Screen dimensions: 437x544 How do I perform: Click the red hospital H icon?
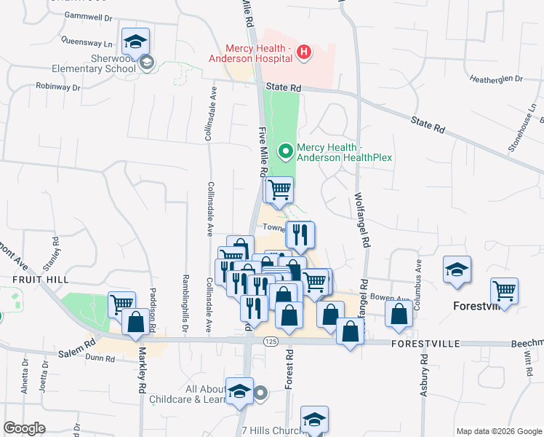(305, 52)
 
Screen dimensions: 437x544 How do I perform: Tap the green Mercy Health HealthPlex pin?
(287, 151)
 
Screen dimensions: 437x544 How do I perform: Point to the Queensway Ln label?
(87, 43)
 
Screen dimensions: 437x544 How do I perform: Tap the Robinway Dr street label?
(58, 87)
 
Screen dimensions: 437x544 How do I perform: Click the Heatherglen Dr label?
(496, 79)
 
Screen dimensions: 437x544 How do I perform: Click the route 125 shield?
(271, 342)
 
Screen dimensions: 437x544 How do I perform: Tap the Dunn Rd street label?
(100, 358)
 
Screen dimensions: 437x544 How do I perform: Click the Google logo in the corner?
(24, 428)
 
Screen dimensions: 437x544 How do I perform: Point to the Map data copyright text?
(498, 431)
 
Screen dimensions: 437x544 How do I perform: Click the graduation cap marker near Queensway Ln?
(135, 42)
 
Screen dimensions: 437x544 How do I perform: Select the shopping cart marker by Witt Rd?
(504, 292)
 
